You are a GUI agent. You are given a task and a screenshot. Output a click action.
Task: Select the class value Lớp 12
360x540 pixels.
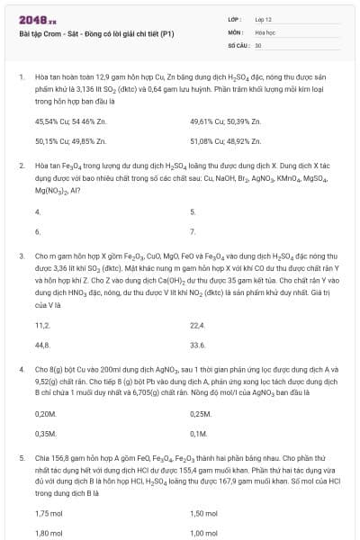tap(264, 18)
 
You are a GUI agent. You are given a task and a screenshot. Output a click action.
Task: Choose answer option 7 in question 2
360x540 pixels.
tap(193, 232)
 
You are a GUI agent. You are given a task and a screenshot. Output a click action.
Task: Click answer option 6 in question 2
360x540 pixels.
tap(38, 232)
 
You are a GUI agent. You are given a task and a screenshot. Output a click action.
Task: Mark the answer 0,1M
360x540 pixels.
tap(198, 434)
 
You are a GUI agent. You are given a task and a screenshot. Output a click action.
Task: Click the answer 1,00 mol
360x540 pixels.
tap(204, 533)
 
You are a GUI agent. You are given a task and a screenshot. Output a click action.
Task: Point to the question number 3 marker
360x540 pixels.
tap(21, 256)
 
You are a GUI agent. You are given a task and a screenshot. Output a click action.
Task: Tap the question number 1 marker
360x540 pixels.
tap(21, 77)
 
